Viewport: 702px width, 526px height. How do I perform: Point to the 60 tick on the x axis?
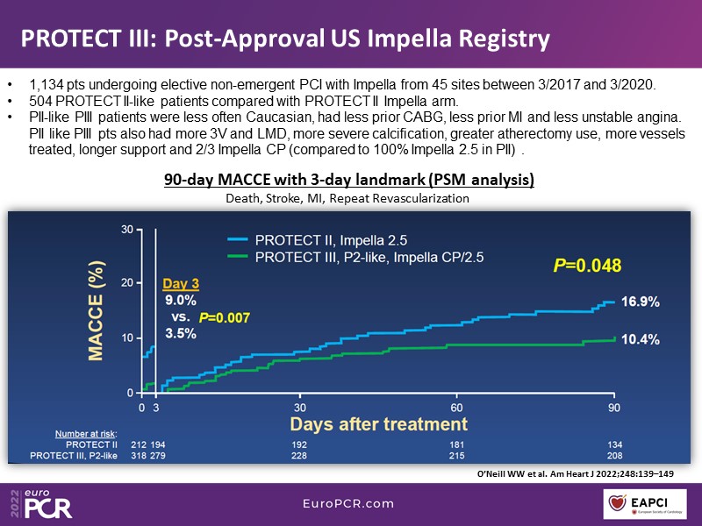[x=456, y=408]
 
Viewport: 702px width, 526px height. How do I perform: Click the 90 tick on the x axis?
[x=613, y=408]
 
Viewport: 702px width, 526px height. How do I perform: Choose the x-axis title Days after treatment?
[x=379, y=424]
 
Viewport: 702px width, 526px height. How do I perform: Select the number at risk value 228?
[x=299, y=457]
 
